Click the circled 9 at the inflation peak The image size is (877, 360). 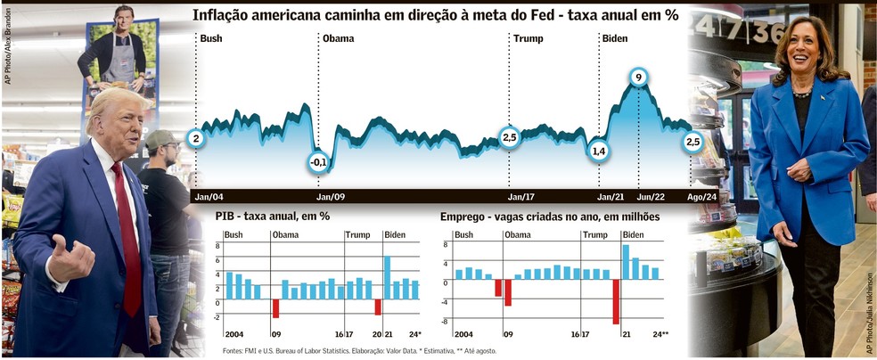tap(637, 78)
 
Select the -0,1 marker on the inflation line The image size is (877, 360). tap(318, 162)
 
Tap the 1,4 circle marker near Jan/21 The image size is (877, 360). tap(599, 151)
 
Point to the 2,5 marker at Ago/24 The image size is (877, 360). tap(693, 142)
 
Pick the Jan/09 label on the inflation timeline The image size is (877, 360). tap(332, 196)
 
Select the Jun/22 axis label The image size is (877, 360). tap(651, 196)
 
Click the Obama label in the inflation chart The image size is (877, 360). tap(338, 38)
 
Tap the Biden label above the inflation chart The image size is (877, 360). tap(614, 38)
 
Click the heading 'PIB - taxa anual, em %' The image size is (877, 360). tap(273, 217)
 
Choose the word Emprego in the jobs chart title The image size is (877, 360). tap(464, 217)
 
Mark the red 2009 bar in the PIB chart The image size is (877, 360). tap(275, 307)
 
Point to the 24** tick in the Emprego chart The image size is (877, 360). tap(660, 335)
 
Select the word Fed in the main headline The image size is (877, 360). tap(567, 16)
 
